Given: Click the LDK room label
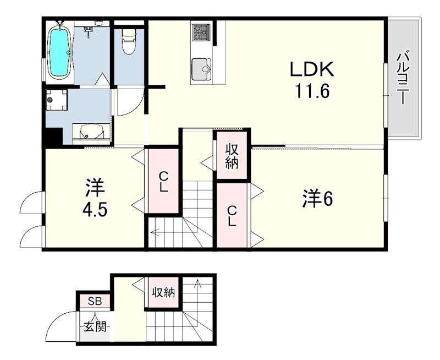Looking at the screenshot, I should pos(311,70).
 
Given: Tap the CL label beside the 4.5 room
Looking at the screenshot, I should pos(163,182).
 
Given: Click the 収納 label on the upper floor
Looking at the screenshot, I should pos(231,155).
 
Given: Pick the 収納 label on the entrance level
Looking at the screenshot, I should pos(163,292).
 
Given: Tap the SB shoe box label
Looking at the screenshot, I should pos(95,301).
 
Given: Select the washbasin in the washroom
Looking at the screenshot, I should pos(91,132).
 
